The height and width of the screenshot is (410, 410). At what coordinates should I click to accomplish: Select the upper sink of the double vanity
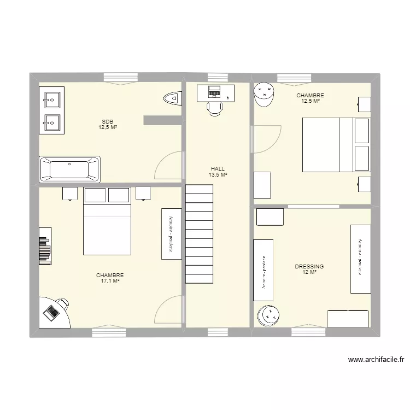click(52, 99)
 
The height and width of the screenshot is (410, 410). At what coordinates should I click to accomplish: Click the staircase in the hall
click(199, 233)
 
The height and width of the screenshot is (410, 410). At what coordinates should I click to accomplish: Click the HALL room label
click(218, 169)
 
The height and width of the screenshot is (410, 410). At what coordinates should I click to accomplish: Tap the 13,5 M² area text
click(218, 175)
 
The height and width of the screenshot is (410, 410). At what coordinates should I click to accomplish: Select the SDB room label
click(108, 121)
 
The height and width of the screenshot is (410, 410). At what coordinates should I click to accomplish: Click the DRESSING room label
click(309, 266)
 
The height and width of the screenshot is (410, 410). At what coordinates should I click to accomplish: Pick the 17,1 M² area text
click(110, 281)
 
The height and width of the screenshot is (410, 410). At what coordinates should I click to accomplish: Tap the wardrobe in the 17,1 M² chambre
click(171, 233)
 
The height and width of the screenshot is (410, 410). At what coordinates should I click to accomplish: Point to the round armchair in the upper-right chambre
click(265, 93)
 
